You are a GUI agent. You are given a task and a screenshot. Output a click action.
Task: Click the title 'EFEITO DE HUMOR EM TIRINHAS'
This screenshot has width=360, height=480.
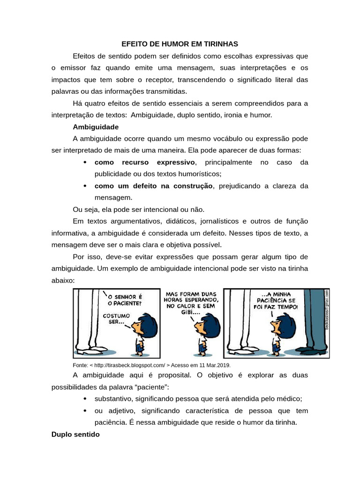[x=180, y=44]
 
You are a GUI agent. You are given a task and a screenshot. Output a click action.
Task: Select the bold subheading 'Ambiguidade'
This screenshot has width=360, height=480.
[x=96, y=127]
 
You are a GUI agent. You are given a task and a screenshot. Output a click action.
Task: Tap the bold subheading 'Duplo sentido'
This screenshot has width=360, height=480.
[x=75, y=435]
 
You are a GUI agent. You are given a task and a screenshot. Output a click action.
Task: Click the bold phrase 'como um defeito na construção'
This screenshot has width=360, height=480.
[x=154, y=186]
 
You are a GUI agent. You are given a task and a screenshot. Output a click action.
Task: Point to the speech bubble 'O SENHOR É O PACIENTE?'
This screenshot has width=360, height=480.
[x=125, y=300]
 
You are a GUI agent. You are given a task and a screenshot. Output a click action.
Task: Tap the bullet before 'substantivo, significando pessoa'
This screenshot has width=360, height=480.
[x=84, y=399]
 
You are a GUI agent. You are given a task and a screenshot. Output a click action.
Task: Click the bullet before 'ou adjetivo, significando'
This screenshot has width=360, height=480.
[x=84, y=411]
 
